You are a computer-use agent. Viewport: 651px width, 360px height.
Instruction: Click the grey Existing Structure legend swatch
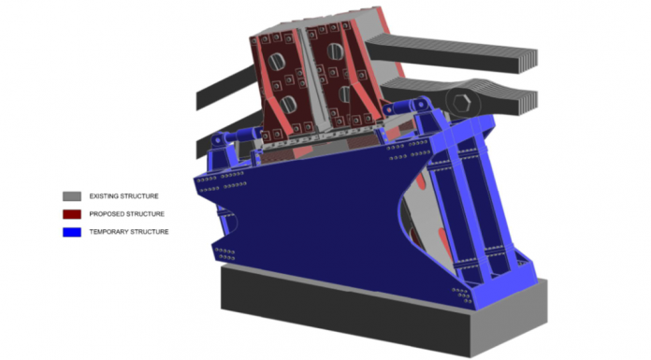(x=72, y=196)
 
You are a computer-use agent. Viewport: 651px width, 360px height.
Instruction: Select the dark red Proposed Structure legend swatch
(x=72, y=214)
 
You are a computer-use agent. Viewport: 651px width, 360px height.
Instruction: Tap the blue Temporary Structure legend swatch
(x=72, y=232)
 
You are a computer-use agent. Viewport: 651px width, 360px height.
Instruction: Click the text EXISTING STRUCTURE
(x=123, y=196)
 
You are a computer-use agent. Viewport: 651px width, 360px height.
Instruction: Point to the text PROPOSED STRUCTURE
(x=126, y=214)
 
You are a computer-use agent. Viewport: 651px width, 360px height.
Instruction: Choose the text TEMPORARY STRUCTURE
(x=129, y=232)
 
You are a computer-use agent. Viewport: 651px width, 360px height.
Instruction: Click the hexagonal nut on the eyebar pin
(x=462, y=103)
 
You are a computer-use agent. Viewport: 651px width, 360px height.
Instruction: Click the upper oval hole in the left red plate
(x=276, y=63)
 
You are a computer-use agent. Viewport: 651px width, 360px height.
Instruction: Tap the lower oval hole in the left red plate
(x=287, y=104)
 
